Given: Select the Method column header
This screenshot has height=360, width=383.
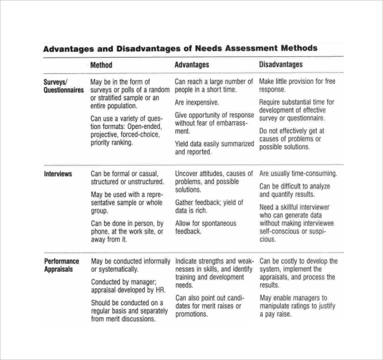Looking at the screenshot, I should pyautogui.click(x=101, y=65).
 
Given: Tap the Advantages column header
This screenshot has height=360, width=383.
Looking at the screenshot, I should pyautogui.click(x=192, y=65).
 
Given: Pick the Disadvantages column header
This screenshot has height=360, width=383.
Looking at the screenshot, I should pyautogui.click(x=281, y=65).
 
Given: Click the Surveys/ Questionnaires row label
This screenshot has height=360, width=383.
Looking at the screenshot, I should pyautogui.click(x=64, y=86).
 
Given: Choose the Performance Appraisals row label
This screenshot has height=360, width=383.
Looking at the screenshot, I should pyautogui.click(x=62, y=264).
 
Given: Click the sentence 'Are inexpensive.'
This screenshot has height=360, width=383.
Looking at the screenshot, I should pyautogui.click(x=197, y=102).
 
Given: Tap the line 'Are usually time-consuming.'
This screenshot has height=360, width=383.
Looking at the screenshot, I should pyautogui.click(x=299, y=173).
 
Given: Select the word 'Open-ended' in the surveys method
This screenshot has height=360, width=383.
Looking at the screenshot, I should pyautogui.click(x=142, y=127).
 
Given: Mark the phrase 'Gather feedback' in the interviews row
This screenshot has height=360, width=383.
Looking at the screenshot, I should pyautogui.click(x=197, y=202).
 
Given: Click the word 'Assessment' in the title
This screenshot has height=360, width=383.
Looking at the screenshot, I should pyautogui.click(x=244, y=48).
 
